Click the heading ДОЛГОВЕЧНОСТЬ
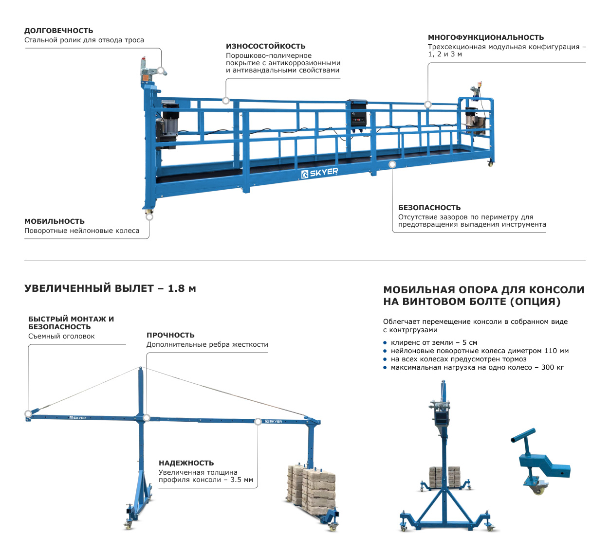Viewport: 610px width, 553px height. pos(58,31)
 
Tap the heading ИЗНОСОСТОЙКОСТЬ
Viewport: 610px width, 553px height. pos(265,46)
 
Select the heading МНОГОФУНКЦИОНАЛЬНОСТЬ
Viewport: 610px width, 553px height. pos(485,37)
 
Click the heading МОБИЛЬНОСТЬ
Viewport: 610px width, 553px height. pos(54,221)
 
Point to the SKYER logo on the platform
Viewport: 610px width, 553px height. pos(319,173)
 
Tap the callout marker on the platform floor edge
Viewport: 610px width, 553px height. pos(392,164)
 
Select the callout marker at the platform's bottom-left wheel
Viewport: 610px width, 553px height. pos(149,216)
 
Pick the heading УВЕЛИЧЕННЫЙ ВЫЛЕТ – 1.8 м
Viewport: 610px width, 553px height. pos(110,288)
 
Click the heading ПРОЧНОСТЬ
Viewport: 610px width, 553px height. pos(170,335)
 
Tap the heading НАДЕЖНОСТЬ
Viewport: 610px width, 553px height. pos(186,463)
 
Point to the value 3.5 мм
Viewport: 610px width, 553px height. pos(241,480)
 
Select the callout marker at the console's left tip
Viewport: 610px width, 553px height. pos(28,414)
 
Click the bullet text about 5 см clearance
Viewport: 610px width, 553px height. pos(434,342)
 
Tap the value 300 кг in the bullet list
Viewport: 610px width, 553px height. pos(553,367)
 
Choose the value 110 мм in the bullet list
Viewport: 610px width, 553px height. pos(556,351)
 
